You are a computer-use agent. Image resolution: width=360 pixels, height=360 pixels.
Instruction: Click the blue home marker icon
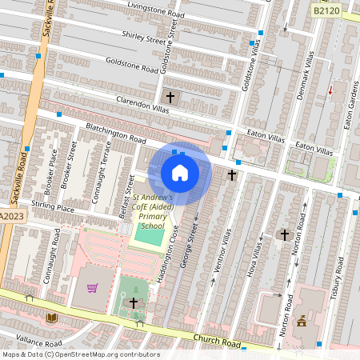pos(180,173)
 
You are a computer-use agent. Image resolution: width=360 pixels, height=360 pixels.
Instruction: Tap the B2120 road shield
pos(327,11)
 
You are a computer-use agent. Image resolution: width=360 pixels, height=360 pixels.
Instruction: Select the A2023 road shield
pos(13,217)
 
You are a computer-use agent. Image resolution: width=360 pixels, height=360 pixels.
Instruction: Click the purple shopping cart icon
pos(92,288)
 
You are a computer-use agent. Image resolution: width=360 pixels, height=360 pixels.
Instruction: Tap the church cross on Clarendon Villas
pos(170,98)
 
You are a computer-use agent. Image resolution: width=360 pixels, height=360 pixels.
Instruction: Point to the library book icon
pos(52,318)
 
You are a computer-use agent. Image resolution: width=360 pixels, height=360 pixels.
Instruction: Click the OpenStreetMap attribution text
pos(81,354)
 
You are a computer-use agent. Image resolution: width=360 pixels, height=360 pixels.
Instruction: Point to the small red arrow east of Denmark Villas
pos(330,90)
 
